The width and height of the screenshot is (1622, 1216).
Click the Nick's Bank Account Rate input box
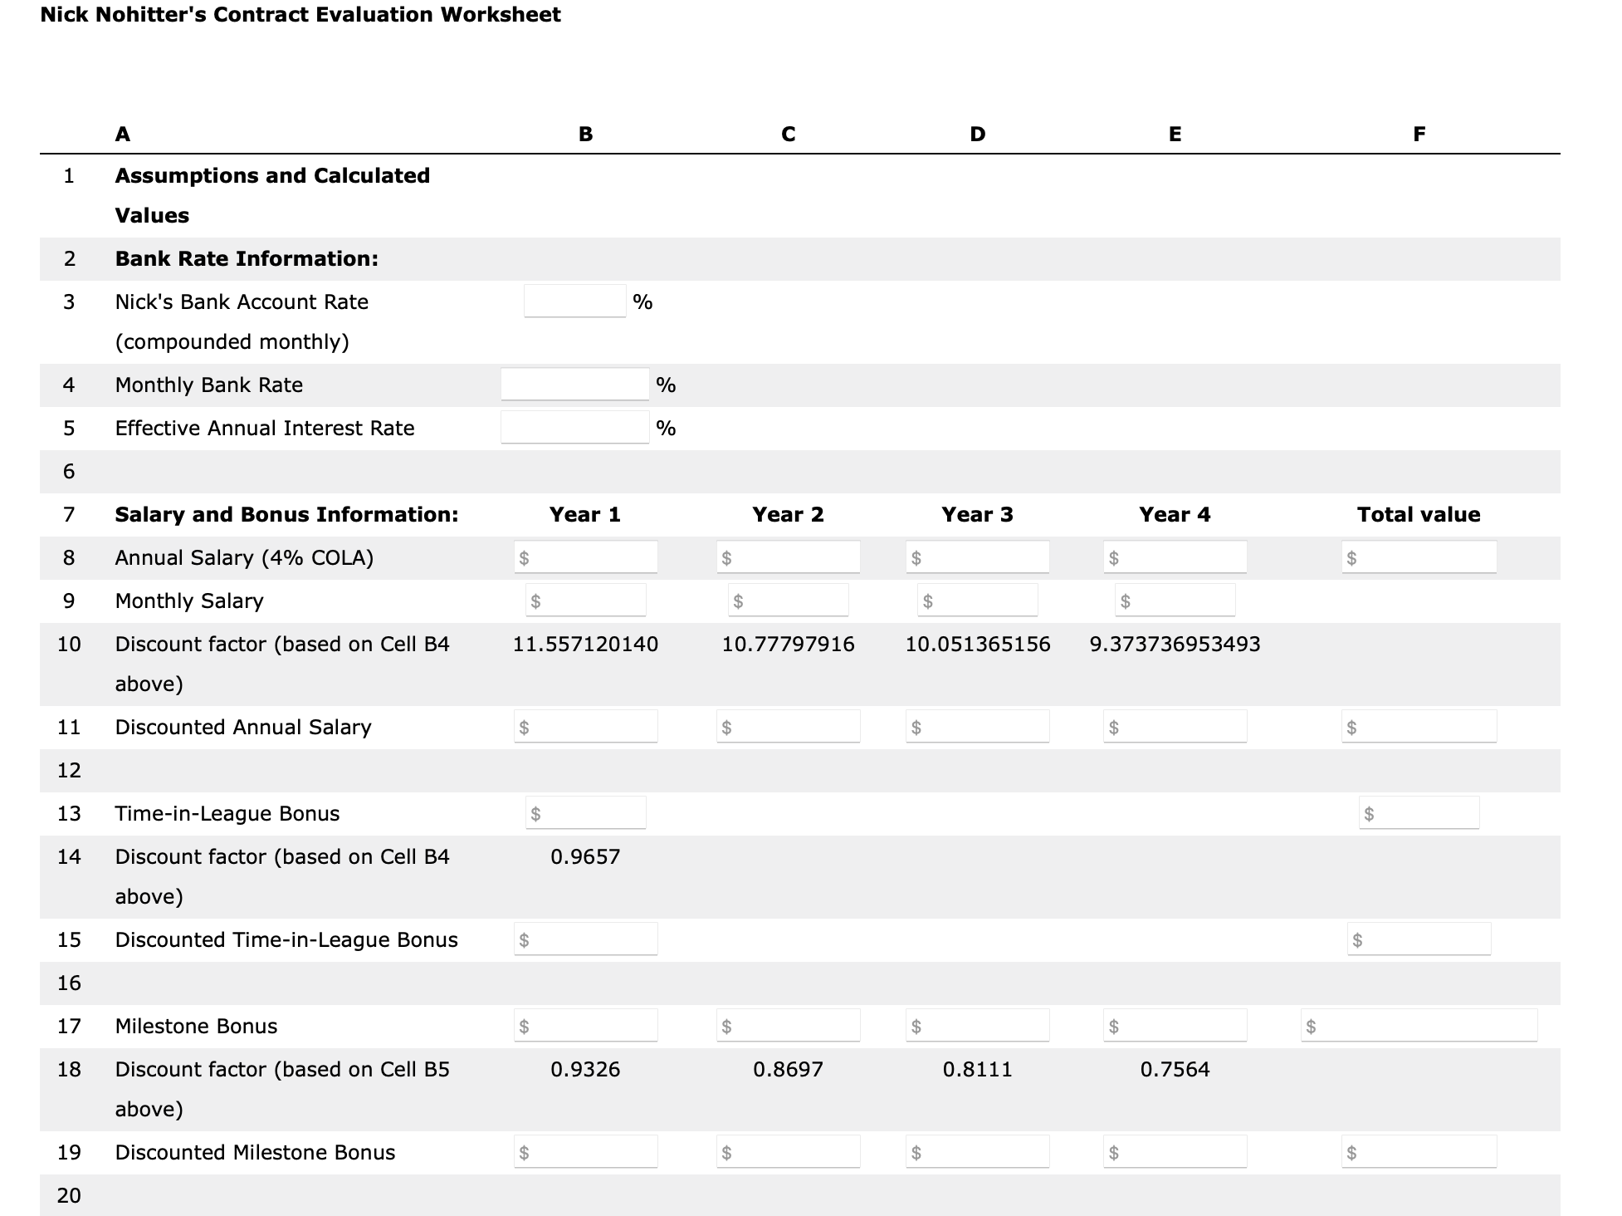pyautogui.click(x=574, y=301)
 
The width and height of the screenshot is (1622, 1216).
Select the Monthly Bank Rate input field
pyautogui.click(x=574, y=385)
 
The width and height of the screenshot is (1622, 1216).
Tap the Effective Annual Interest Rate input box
pyautogui.click(x=574, y=428)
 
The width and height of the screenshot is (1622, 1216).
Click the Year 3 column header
pyautogui.click(x=977, y=514)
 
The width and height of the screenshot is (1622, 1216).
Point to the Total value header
pyautogui.click(x=1418, y=514)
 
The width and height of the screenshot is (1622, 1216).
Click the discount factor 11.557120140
pyautogui.click(x=585, y=644)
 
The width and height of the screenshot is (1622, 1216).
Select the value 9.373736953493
pyautogui.click(x=1175, y=644)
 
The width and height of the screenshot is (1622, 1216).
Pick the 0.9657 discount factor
pyautogui.click(x=585, y=856)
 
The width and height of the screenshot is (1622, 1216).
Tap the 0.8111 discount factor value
pyautogui.click(x=977, y=1069)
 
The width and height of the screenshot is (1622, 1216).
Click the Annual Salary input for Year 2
pyautogui.click(x=789, y=557)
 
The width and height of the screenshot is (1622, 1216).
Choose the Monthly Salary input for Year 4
pyautogui.click(x=1175, y=601)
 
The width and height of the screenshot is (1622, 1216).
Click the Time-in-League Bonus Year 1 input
pyautogui.click(x=586, y=813)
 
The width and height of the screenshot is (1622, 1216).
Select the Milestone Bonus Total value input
pyautogui.click(x=1419, y=1026)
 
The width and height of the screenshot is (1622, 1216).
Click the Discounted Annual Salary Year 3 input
pyautogui.click(x=977, y=727)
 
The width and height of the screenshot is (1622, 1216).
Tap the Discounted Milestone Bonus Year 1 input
pyautogui.click(x=586, y=1152)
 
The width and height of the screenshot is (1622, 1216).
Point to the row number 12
pyautogui.click(x=69, y=770)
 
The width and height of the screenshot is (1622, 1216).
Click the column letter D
pyautogui.click(x=977, y=134)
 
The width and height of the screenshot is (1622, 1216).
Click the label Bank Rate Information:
pyautogui.click(x=247, y=258)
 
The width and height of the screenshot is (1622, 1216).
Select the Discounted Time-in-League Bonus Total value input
pyautogui.click(x=1419, y=939)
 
